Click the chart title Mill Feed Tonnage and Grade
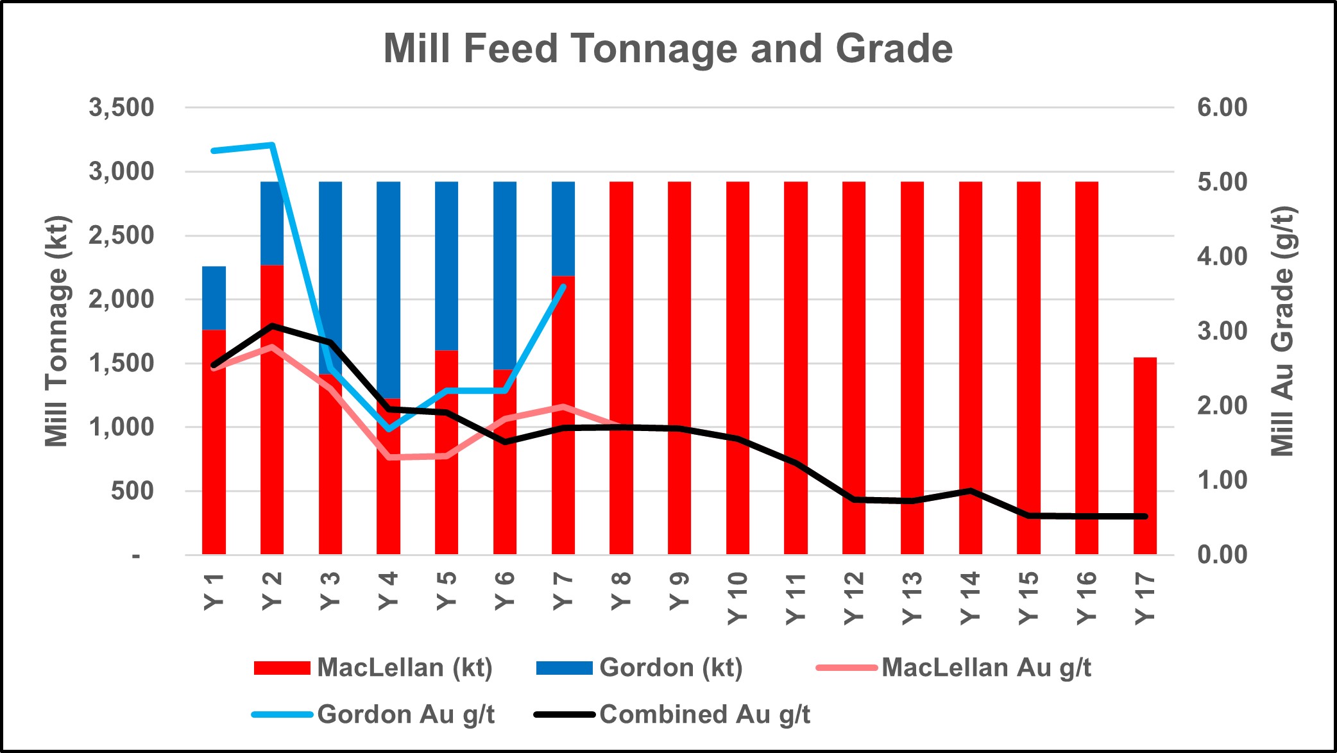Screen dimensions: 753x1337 [x=668, y=49]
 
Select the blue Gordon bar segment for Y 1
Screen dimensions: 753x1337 [x=214, y=298]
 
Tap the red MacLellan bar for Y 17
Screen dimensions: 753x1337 [x=1145, y=455]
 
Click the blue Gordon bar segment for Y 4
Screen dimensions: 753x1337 [x=388, y=289]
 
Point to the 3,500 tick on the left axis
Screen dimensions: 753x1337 [x=122, y=108]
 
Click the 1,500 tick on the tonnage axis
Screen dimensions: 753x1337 [x=122, y=364]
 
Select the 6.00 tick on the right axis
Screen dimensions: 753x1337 [x=1222, y=107]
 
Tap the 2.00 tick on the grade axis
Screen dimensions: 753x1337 [x=1222, y=405]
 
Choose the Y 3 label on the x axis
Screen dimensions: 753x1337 [x=330, y=591]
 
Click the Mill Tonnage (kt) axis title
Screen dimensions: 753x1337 [x=56, y=331]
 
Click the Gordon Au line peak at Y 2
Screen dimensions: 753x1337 [x=272, y=145]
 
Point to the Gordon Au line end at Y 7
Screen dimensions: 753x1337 [x=563, y=286]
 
